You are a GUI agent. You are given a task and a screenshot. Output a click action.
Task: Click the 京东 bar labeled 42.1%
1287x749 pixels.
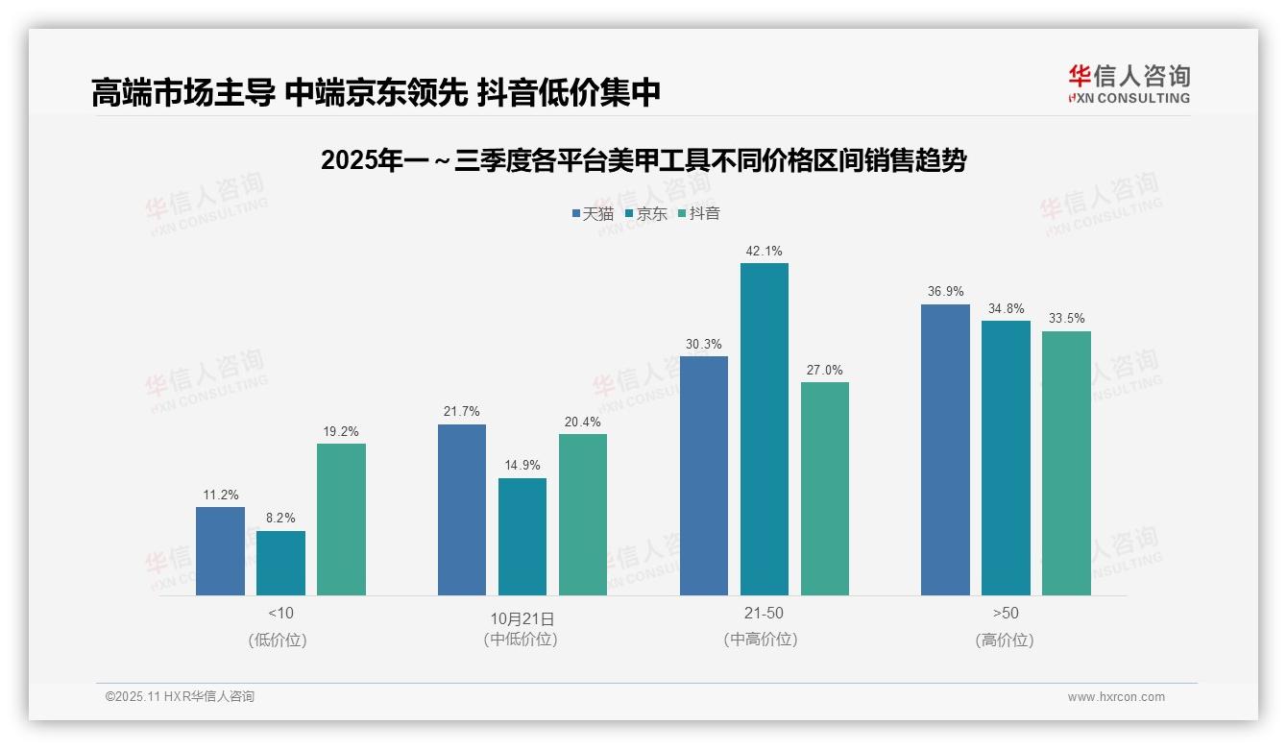pyautogui.click(x=764, y=429)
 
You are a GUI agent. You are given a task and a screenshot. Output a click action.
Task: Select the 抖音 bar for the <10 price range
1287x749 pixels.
pyautogui.click(x=341, y=519)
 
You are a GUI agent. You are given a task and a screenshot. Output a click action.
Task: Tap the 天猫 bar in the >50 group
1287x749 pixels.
pyautogui.click(x=945, y=449)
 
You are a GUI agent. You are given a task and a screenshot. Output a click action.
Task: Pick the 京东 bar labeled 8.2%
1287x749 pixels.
pyautogui.click(x=280, y=563)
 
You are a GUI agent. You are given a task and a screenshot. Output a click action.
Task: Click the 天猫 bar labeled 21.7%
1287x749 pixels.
pyautogui.click(x=462, y=510)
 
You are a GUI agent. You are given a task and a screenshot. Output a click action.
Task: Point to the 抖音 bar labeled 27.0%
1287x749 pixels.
pyautogui.click(x=824, y=489)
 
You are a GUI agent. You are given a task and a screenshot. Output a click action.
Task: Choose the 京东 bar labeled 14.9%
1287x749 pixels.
pyautogui.click(x=522, y=537)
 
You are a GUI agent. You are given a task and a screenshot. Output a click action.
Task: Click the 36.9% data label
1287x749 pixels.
pyautogui.click(x=945, y=291)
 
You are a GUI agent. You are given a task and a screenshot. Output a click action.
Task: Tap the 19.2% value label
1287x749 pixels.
pyautogui.click(x=341, y=431)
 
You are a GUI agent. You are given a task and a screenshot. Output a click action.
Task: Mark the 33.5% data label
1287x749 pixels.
pyautogui.click(x=1066, y=318)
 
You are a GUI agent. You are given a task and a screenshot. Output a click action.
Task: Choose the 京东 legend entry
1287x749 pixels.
pyautogui.click(x=645, y=213)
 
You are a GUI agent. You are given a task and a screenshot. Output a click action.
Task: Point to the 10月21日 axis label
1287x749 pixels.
pyautogui.click(x=522, y=618)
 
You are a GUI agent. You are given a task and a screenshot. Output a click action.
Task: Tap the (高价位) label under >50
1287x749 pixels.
pyautogui.click(x=1005, y=640)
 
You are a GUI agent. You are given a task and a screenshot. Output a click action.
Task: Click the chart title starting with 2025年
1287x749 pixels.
pyautogui.click(x=643, y=160)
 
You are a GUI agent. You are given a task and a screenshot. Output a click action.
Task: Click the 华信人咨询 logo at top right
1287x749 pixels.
pyautogui.click(x=1129, y=84)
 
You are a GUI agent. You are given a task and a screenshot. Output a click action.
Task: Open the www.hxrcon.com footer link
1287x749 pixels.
pyautogui.click(x=1115, y=697)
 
